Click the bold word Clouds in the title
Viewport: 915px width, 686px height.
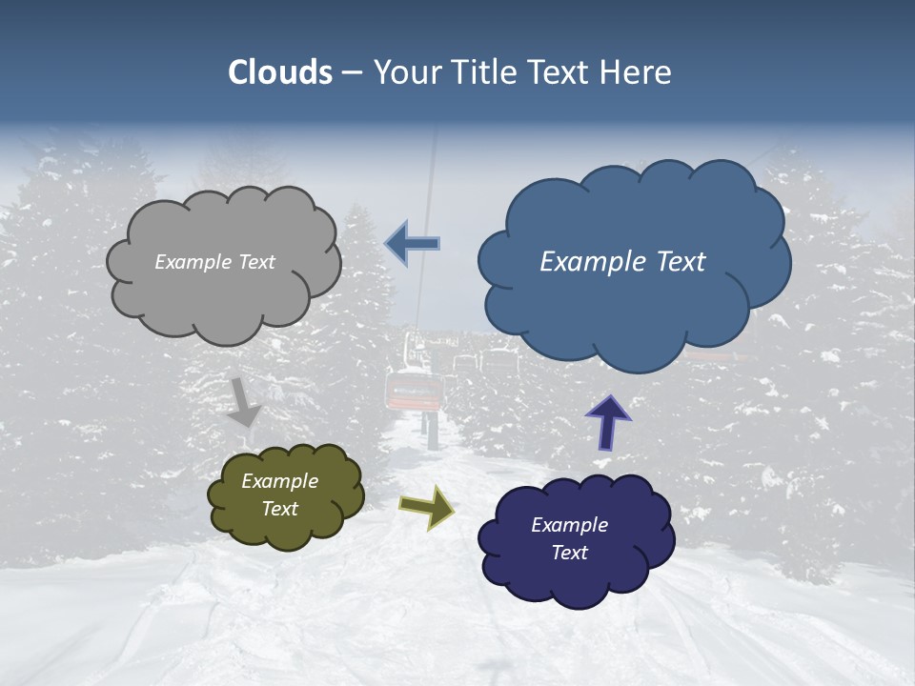coord(280,72)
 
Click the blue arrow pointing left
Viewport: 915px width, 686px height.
coord(413,244)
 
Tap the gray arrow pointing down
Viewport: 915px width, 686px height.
coord(244,401)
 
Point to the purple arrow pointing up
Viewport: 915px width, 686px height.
coord(607,422)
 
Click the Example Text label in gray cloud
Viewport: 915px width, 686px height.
coord(214,262)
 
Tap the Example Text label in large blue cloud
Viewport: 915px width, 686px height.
coord(622,262)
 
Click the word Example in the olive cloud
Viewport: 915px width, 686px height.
coord(279,481)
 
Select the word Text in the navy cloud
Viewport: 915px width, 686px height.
coord(569,553)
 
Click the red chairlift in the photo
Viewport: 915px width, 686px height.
coord(414,391)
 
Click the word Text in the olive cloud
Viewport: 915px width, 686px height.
coord(279,509)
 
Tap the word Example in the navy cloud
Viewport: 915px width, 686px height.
coord(569,525)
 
